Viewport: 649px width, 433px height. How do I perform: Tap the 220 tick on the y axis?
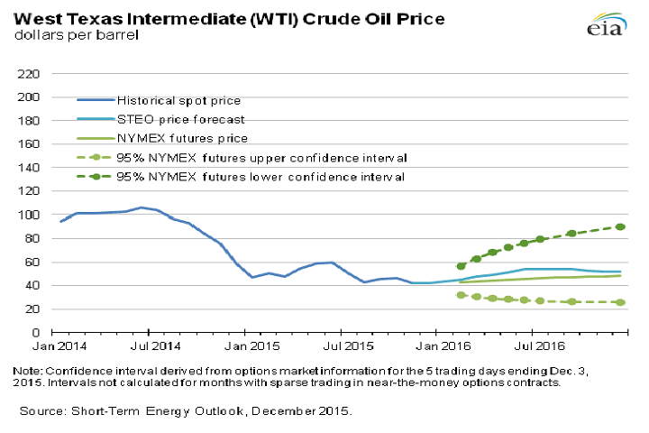tap(29, 73)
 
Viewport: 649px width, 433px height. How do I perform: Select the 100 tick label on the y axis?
tap(29, 215)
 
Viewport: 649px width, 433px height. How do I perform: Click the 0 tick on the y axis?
tap(36, 333)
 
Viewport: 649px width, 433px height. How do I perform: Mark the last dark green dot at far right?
tap(622, 227)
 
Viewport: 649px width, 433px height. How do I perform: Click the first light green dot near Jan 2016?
tap(462, 295)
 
